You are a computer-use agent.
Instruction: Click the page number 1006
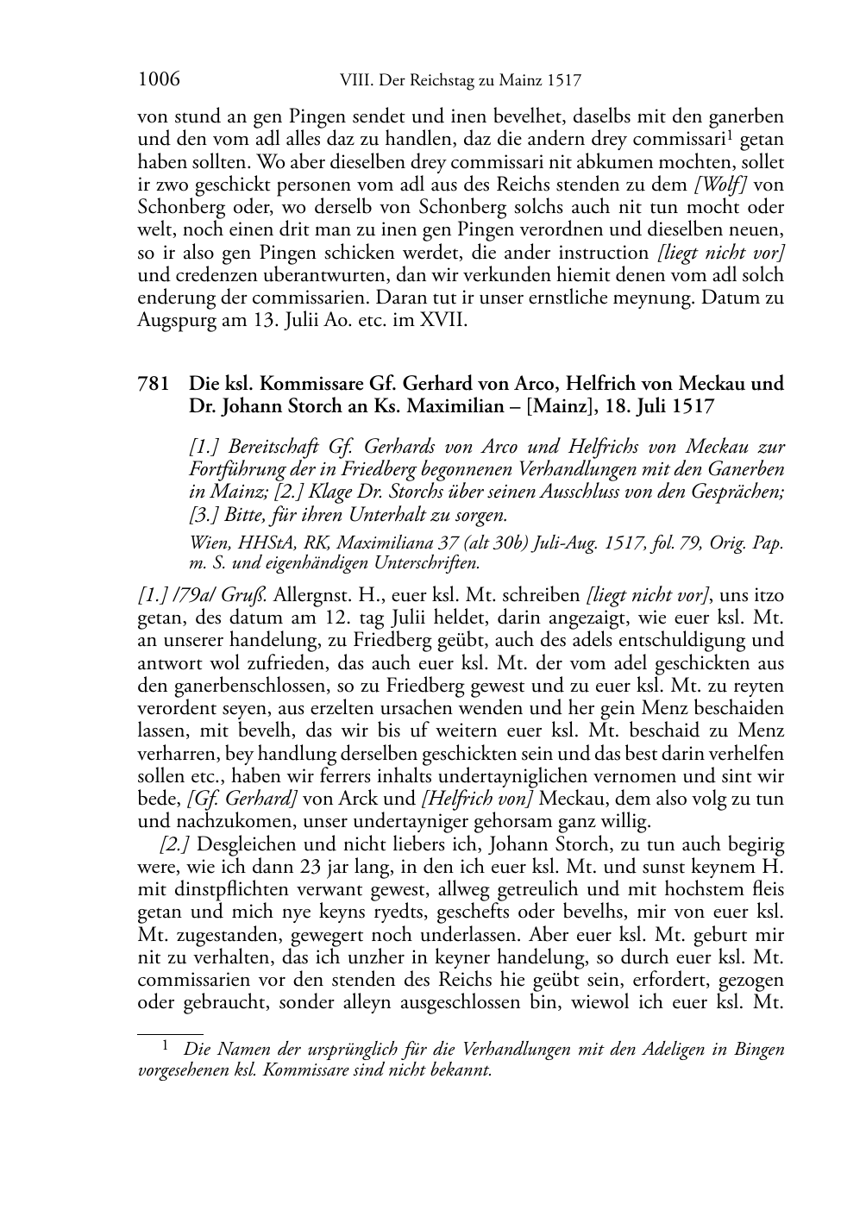(159, 80)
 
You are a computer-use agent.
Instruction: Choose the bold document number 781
(154, 384)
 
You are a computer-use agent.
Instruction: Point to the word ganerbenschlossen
(229, 686)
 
